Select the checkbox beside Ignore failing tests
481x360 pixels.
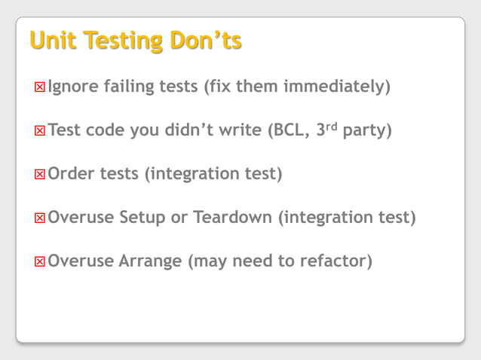click(40, 87)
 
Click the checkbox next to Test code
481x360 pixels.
click(40, 131)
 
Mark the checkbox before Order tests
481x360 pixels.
click(40, 175)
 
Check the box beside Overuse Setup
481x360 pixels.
click(40, 219)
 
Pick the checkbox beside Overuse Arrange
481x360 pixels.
click(40, 263)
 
